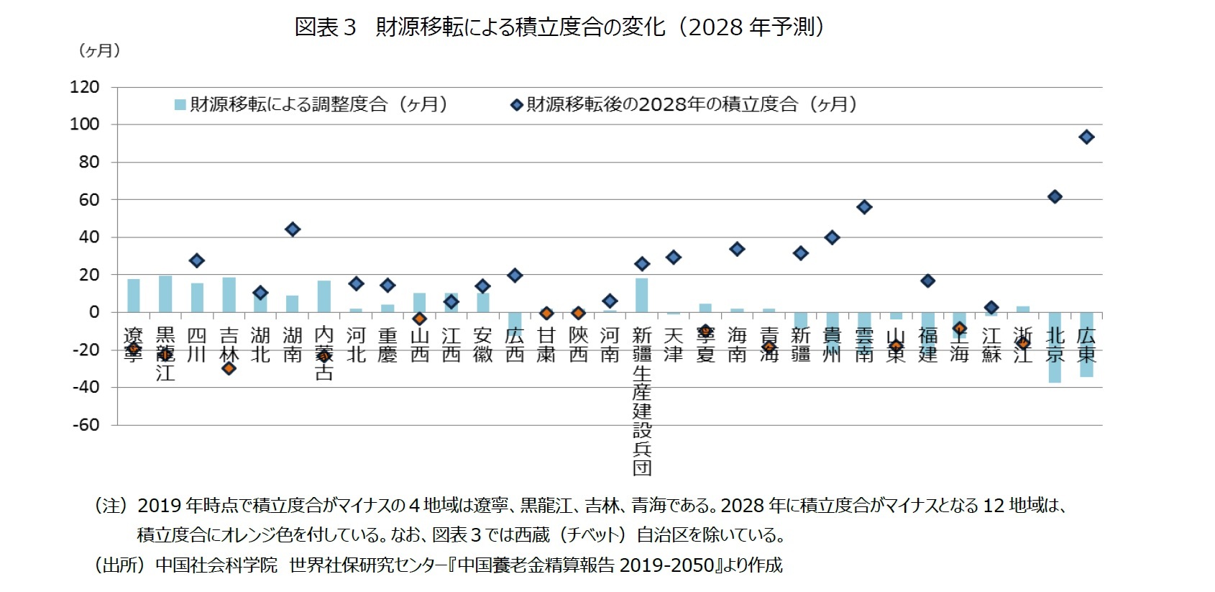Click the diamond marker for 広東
1086,137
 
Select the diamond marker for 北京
1055,197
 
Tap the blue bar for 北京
1055,347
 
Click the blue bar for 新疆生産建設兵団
641,295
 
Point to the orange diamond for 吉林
229,368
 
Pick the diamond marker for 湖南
292,229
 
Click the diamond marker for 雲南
864,207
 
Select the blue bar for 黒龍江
165,293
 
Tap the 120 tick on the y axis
85,87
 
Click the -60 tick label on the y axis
85,424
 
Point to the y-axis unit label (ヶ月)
99,50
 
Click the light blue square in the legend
180,105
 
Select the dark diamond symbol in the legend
516,105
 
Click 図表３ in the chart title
326,27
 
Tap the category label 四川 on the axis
197,345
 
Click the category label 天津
673,345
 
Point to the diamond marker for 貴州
832,238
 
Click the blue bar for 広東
1086,345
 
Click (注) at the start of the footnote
111,506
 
